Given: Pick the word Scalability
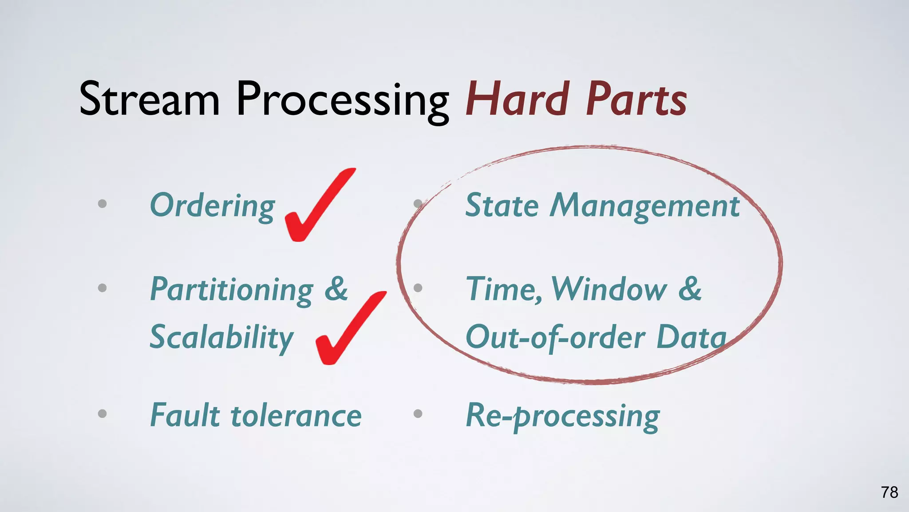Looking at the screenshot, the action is coord(221,338).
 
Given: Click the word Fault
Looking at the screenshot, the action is coord(185,415).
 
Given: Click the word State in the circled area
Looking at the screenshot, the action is coord(502,206).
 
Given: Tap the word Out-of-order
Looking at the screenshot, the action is coord(555,338).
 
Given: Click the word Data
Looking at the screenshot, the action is coord(691,337).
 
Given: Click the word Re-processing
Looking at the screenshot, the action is coord(563,417).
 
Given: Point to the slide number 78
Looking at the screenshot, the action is coord(889,492).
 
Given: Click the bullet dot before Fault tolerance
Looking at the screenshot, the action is coord(102,414).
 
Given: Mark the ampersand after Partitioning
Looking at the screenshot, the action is coord(336,289).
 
